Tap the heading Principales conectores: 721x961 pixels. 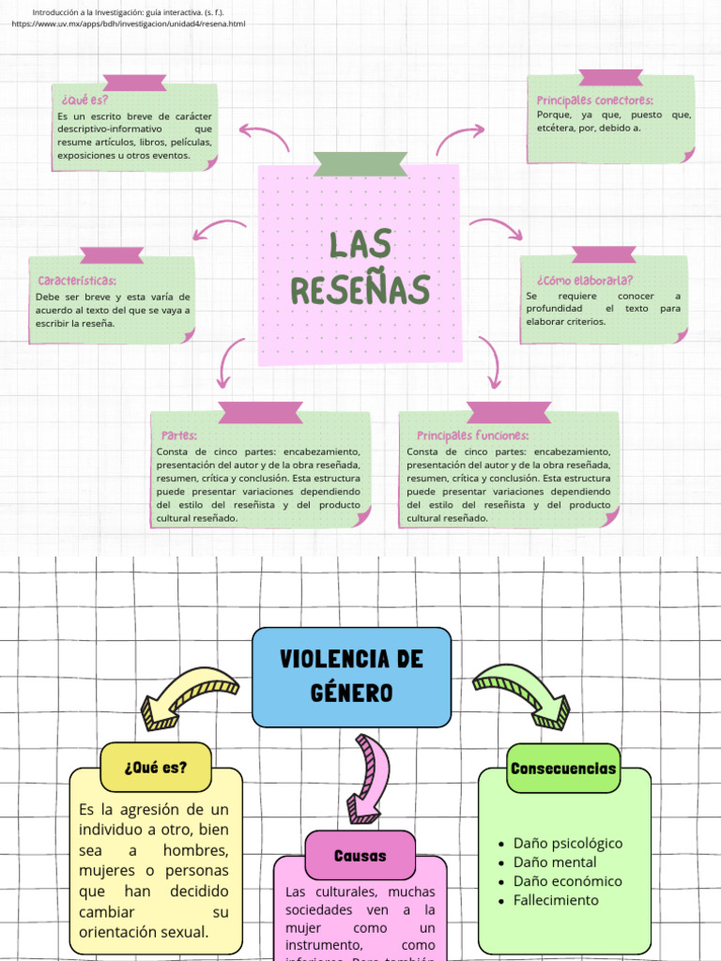point(595,100)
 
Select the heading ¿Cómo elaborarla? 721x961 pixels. point(585,280)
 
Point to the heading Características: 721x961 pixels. point(77,281)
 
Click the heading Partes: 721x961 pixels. point(179,435)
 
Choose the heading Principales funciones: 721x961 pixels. point(472,435)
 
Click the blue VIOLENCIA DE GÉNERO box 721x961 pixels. point(351,676)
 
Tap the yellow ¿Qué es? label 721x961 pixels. point(155,767)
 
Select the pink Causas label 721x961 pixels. point(360,855)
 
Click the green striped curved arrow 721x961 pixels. point(522,694)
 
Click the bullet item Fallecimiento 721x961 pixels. point(555,900)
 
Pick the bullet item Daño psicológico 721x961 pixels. point(567,843)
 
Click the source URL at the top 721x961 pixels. point(129,23)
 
